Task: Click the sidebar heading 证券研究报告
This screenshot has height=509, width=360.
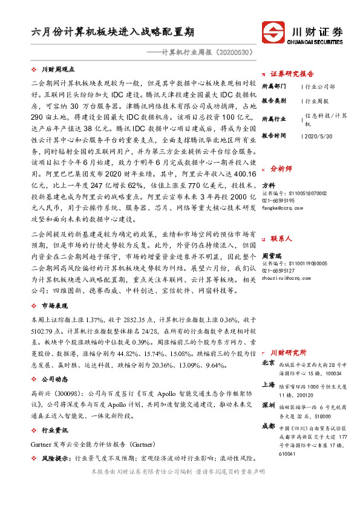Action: (x=292, y=74)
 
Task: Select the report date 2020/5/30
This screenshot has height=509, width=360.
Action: (x=318, y=136)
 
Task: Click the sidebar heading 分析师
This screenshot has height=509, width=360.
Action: (x=281, y=169)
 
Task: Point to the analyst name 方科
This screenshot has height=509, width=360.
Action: (x=268, y=186)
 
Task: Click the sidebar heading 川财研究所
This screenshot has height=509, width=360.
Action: (x=288, y=352)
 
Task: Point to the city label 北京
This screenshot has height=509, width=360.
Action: (x=268, y=363)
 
